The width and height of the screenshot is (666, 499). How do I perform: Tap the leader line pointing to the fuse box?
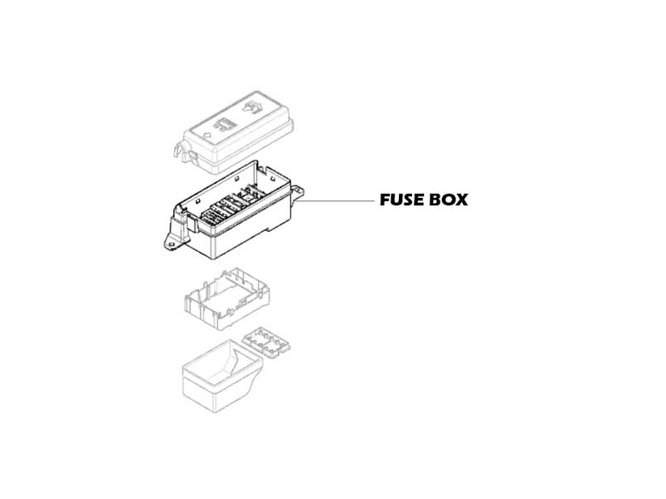pos(335,201)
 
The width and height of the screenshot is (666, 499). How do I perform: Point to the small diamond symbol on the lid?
pos(208,136)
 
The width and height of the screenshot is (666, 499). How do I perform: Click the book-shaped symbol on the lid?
pos(251,108)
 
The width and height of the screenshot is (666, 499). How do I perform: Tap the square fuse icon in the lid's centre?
pos(226,124)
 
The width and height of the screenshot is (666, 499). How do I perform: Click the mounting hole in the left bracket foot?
pos(171,245)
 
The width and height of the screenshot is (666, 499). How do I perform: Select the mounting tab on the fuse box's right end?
pos(298,191)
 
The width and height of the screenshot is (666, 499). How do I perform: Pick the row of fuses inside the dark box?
pos(231,205)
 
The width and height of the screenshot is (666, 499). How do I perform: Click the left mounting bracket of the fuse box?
pos(176,233)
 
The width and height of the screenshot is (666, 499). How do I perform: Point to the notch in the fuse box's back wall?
pos(262,170)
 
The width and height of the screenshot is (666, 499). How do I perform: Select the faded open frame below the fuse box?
pos(226,299)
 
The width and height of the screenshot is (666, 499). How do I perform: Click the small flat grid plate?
pos(266,342)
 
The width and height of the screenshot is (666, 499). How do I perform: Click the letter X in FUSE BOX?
pos(462,200)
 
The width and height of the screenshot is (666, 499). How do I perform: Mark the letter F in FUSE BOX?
pos(385,200)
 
